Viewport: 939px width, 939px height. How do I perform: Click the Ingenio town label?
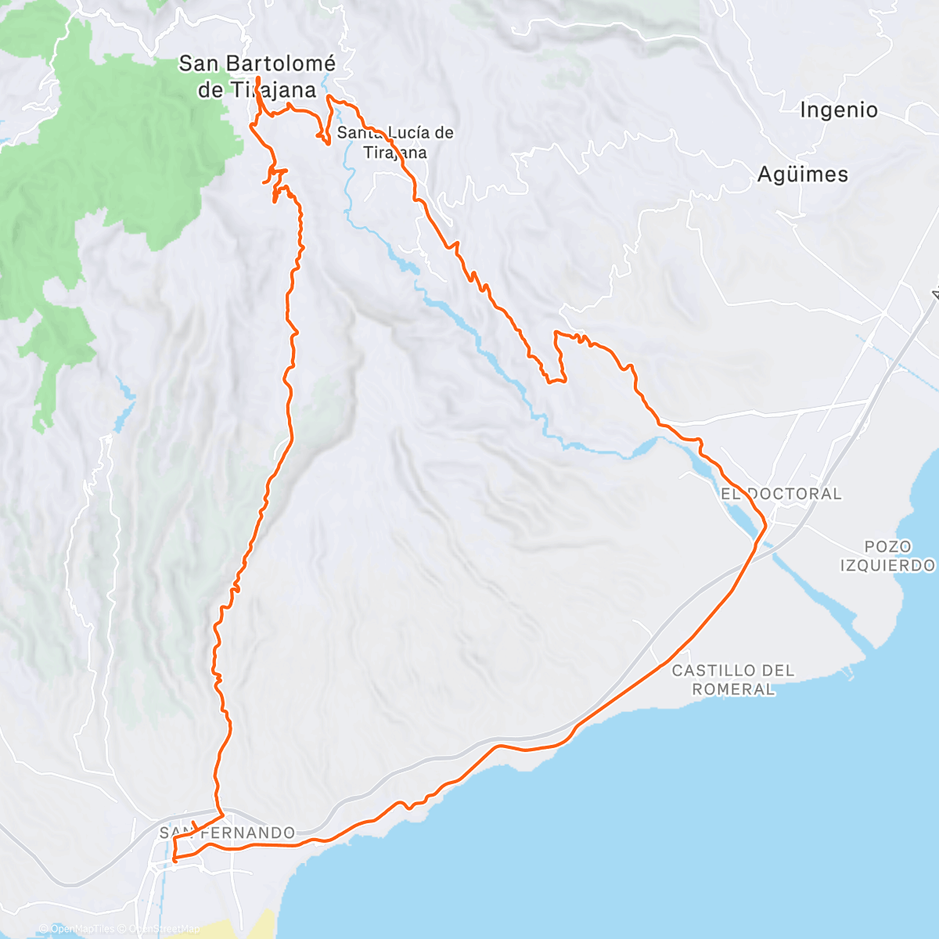pos(838,110)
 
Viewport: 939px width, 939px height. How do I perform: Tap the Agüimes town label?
pos(802,174)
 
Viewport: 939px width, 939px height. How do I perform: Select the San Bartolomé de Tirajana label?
pos(257,76)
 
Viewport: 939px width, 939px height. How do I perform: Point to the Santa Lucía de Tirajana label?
pos(395,142)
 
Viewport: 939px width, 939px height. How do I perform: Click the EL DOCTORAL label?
pos(781,494)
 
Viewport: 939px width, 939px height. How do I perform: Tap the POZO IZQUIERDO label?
pos(887,556)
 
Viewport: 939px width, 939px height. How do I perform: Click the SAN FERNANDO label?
pos(227,833)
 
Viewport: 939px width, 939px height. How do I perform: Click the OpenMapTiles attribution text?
pos(82,929)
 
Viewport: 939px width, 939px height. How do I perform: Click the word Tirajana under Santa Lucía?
pos(395,152)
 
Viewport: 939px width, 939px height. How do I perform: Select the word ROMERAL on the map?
pos(733,689)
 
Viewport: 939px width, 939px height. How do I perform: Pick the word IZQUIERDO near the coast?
pos(887,565)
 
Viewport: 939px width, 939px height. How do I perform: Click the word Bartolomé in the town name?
pos(282,63)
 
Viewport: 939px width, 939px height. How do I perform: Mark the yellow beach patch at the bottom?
pos(254,925)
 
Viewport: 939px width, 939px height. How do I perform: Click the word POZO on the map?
pos(887,546)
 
